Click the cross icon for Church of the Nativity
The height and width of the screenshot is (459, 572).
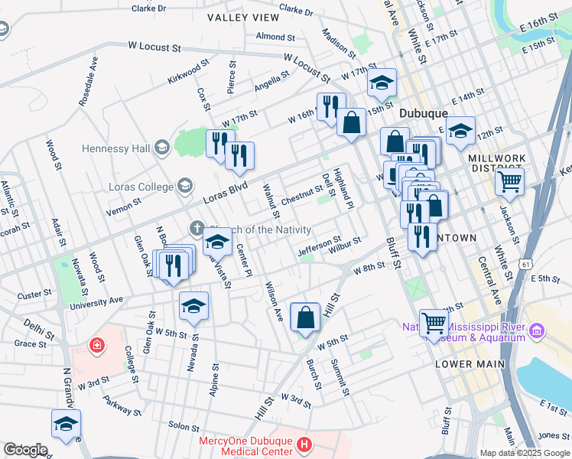[197, 228]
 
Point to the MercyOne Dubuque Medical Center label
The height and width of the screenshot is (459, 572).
[245, 445]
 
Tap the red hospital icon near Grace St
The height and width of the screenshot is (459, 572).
[97, 346]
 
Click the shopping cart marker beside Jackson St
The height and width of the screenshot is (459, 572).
[509, 182]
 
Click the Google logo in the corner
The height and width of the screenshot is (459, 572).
[25, 450]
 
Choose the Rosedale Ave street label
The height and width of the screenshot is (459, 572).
[88, 80]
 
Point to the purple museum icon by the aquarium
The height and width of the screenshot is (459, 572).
[537, 330]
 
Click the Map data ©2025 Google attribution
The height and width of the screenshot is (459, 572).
[525, 453]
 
